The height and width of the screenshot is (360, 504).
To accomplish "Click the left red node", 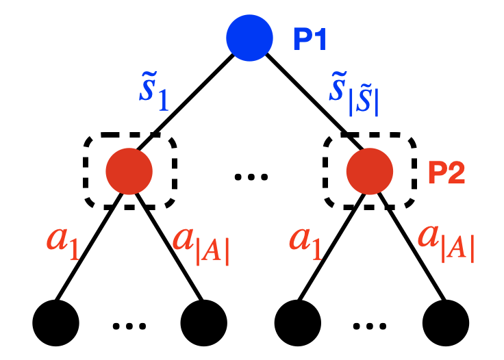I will click(129, 171).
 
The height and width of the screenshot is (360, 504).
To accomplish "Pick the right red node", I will click(370, 171).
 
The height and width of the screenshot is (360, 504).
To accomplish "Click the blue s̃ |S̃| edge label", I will click(353, 92).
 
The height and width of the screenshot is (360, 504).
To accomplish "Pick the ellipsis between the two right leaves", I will click(370, 326).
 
